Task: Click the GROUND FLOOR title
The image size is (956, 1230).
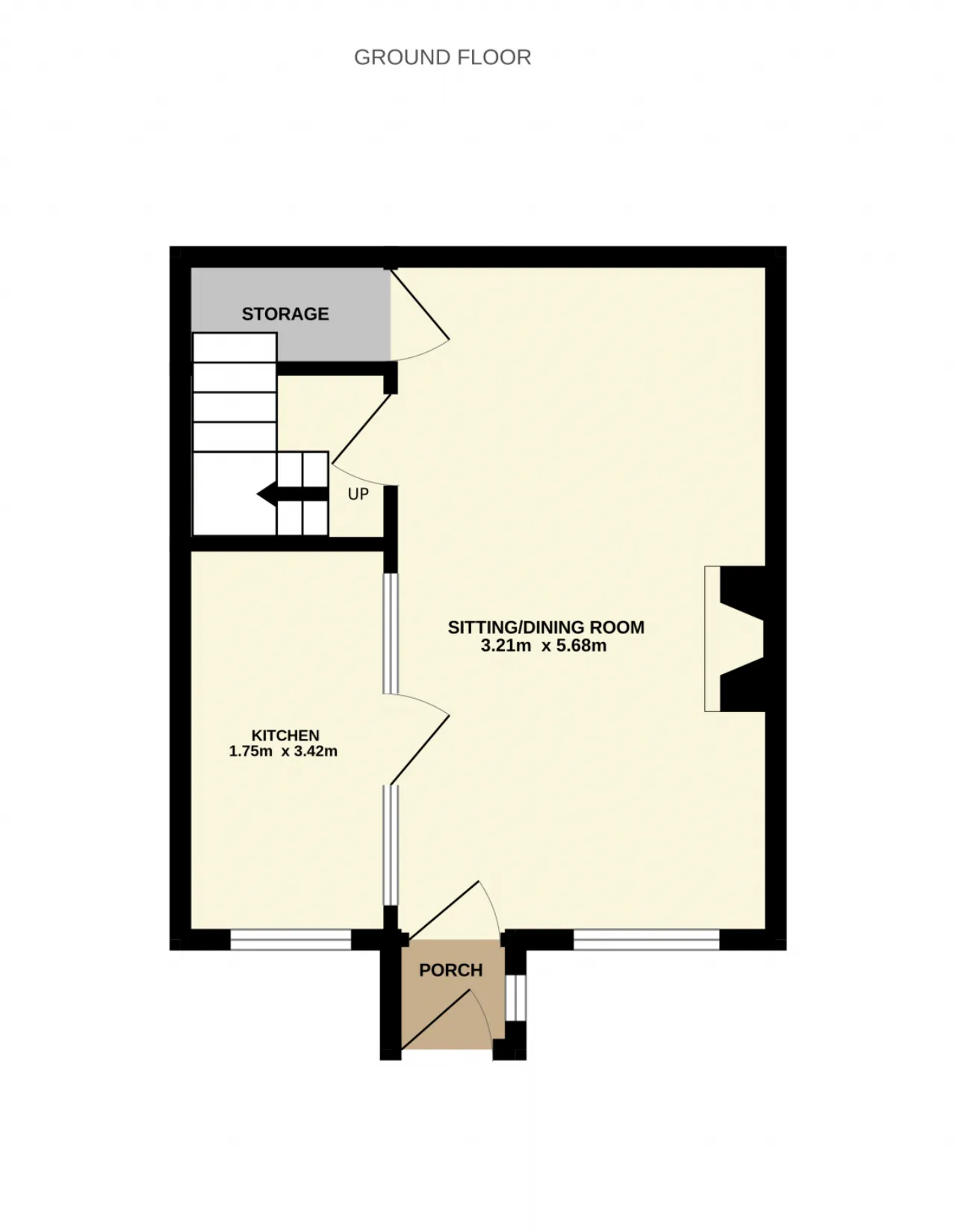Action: coord(442,58)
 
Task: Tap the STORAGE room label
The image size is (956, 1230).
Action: coord(285,314)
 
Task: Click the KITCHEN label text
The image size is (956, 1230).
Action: coord(285,735)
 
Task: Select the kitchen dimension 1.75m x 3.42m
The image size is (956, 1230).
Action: coord(283,751)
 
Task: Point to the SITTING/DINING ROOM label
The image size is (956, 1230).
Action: coord(546,627)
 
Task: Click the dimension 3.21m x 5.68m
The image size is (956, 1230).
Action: coord(544,646)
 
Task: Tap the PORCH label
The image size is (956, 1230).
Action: coord(451,970)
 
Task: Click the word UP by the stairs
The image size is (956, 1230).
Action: coord(358,494)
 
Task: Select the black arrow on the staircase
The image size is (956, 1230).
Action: coord(293,494)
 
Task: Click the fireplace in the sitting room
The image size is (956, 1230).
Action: coord(734,638)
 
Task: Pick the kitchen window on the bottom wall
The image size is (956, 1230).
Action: coord(291,939)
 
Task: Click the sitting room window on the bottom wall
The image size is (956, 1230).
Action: coord(647,939)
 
